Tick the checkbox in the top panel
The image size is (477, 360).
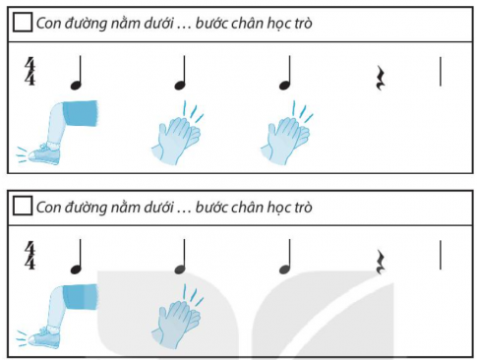pyautogui.click(x=22, y=23)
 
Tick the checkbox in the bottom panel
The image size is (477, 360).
pyautogui.click(x=22, y=207)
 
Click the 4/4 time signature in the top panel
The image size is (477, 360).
pyautogui.click(x=30, y=72)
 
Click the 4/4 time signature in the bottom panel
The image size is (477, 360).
pyautogui.click(x=30, y=255)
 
